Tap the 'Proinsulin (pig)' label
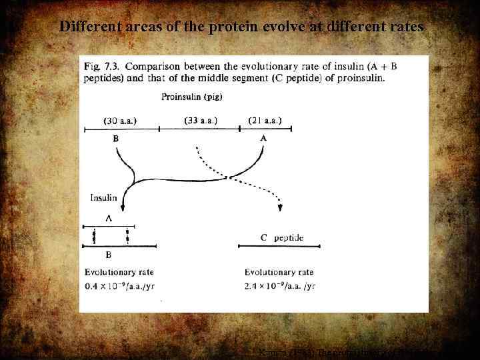pos(192,97)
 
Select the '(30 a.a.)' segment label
pos(125,121)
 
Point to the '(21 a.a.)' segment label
pos(265,121)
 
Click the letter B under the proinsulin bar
pos(116,139)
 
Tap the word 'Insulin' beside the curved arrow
pos(104,197)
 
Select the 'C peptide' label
pos(281,237)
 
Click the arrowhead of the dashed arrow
pos(281,208)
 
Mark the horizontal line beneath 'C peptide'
pos(279,247)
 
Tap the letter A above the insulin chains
pos(107,217)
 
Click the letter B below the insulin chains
pos(108,255)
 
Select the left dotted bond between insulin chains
pos(94,236)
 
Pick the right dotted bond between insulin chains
pos(128,236)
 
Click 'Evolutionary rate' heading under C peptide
pos(279,272)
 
